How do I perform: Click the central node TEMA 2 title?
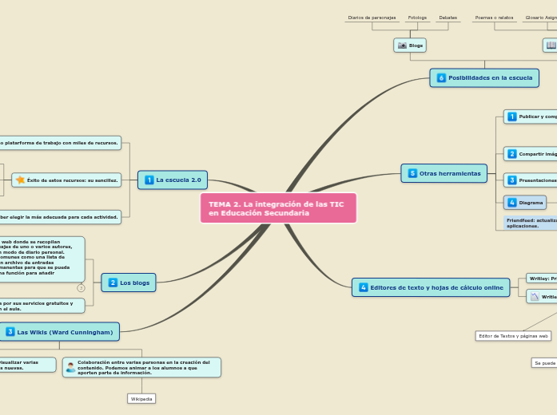click(x=277, y=208)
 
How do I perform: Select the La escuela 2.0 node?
click(x=173, y=180)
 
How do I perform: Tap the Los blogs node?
click(x=128, y=282)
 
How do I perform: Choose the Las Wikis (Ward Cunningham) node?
click(x=60, y=331)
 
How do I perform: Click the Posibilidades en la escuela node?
click(x=481, y=77)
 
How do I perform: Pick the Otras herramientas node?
click(x=444, y=172)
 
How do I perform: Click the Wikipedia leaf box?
click(x=141, y=398)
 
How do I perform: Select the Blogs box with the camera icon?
click(x=410, y=45)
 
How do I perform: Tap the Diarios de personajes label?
click(x=372, y=18)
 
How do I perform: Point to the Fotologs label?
click(x=417, y=18)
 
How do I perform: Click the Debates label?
click(x=448, y=18)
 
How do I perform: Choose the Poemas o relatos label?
click(x=494, y=18)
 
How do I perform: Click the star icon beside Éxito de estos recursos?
click(x=20, y=180)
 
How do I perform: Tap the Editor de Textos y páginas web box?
click(x=512, y=336)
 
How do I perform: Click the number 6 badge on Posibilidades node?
click(x=441, y=77)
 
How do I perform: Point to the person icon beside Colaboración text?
click(x=71, y=367)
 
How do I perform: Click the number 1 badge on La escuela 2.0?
click(x=149, y=180)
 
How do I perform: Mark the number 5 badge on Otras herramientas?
click(x=412, y=173)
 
